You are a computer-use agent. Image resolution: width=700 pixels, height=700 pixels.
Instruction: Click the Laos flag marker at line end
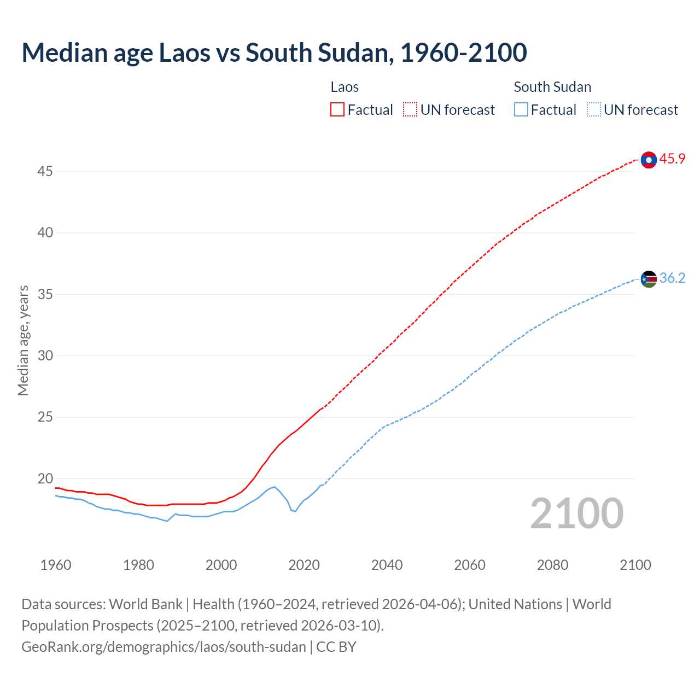click(649, 160)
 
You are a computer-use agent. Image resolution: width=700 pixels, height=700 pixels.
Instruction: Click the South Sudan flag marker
click(649, 279)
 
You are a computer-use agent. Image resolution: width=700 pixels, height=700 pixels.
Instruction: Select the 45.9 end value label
click(672, 159)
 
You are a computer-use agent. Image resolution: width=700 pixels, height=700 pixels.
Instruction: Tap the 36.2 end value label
click(672, 278)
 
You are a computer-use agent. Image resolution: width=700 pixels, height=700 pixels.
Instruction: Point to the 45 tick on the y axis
click(45, 172)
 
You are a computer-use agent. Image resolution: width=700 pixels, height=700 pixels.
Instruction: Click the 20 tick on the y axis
click(45, 479)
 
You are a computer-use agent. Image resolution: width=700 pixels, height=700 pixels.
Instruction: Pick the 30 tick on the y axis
click(45, 356)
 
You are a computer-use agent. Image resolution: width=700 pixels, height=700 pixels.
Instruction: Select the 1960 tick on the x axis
click(56, 565)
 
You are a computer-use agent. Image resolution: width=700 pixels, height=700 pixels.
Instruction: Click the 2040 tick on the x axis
click(387, 565)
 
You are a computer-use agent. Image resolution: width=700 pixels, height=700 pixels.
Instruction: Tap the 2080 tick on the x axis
click(552, 565)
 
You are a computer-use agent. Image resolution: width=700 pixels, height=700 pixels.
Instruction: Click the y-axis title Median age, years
click(23, 340)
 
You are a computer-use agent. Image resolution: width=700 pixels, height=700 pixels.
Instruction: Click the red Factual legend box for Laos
click(337, 110)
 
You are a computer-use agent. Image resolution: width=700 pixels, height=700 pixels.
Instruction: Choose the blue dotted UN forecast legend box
click(594, 110)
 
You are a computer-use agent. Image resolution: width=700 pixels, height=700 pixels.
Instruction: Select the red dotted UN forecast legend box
click(410, 110)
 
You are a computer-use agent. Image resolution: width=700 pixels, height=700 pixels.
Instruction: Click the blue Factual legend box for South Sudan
click(521, 110)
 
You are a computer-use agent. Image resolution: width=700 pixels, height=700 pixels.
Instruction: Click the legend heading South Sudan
click(552, 87)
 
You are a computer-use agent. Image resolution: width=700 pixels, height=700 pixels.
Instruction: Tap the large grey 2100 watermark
click(576, 513)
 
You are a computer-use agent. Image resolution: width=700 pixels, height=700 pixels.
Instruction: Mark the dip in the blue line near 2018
click(295, 511)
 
